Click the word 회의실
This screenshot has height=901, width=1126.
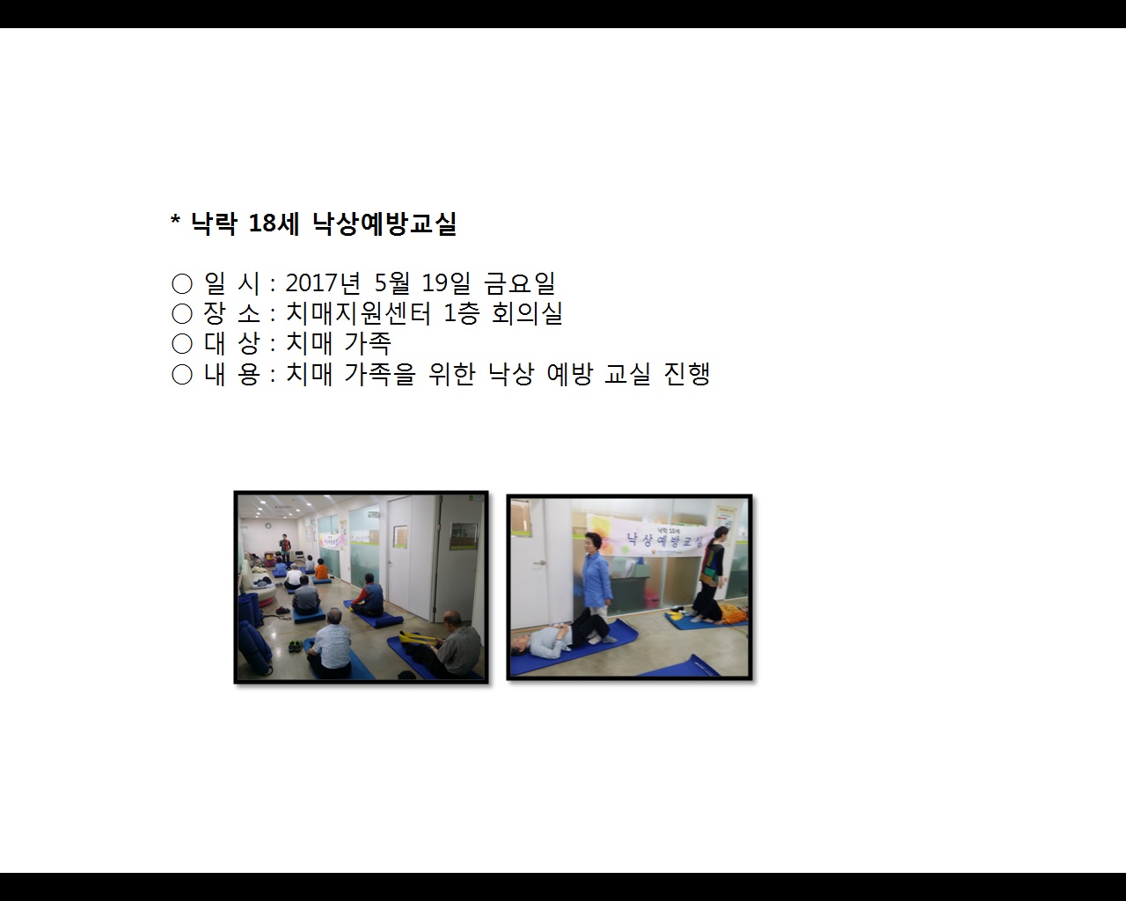coord(527,313)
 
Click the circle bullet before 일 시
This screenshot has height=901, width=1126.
coord(182,283)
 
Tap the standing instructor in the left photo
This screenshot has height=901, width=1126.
coord(284,547)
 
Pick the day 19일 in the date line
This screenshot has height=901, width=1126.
coord(446,283)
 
